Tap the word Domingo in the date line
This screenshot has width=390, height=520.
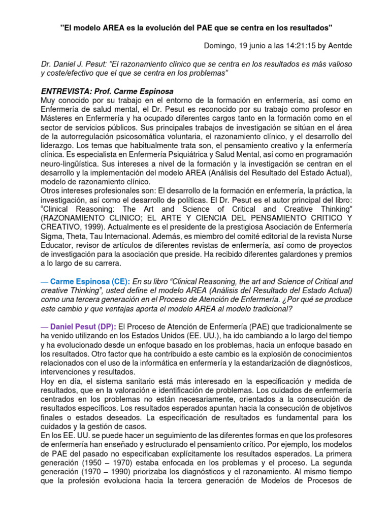pos(220,46)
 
